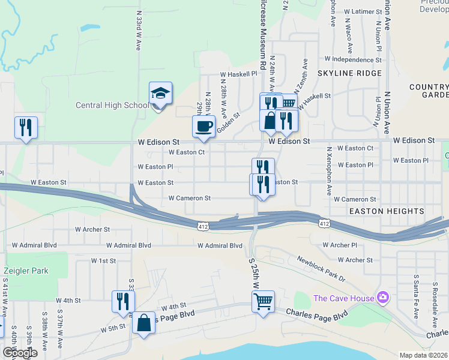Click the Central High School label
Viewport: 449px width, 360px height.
point(112,106)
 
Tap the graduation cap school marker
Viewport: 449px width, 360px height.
point(160,94)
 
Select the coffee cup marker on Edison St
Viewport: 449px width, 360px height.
point(203,127)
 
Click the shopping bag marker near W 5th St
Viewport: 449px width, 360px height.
point(144,324)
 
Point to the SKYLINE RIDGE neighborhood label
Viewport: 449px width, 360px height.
point(349,73)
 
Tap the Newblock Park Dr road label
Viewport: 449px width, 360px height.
point(321,268)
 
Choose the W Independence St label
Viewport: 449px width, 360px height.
point(353,59)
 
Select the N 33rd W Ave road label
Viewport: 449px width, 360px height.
point(139,30)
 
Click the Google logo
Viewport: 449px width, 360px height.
point(19,353)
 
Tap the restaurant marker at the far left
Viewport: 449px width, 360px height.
point(26,128)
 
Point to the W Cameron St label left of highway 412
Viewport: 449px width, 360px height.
point(189,198)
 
